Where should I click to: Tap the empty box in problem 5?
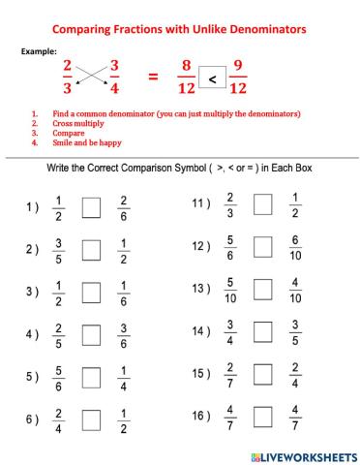91,377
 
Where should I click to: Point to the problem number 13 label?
202,289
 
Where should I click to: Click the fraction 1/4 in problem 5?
123,377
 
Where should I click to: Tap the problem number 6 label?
32,419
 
